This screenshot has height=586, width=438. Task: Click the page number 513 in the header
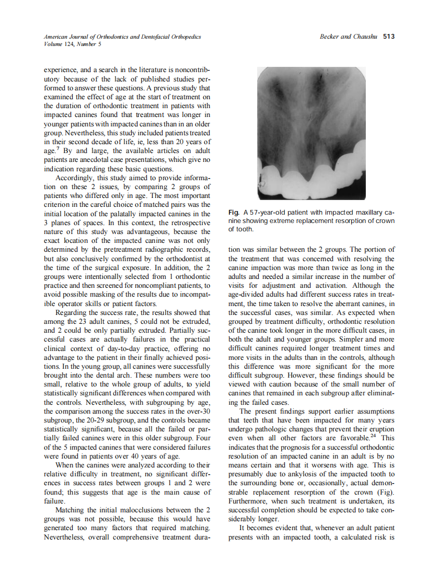pyautogui.click(x=388, y=37)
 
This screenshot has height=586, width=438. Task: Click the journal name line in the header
pyautogui.click(x=122, y=37)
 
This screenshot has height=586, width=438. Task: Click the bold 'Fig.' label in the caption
pyautogui.click(x=234, y=213)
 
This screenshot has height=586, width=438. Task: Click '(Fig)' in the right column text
pyautogui.click(x=387, y=492)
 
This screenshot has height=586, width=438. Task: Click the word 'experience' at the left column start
pyautogui.click(x=61, y=69)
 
